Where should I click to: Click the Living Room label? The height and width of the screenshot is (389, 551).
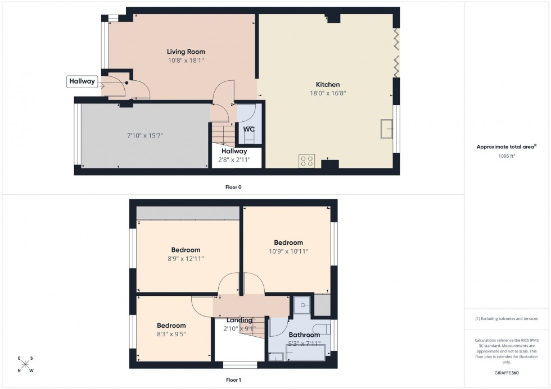pyautogui.click(x=185, y=52)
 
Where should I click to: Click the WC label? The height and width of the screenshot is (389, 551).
pyautogui.click(x=249, y=129)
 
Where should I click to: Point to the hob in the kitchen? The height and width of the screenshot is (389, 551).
pyautogui.click(x=307, y=161)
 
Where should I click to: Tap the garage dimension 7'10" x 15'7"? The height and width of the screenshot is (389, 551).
pyautogui.click(x=146, y=135)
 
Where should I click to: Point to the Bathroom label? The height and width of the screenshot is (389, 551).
pyautogui.click(x=304, y=335)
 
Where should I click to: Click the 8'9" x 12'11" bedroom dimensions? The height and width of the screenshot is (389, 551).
pyautogui.click(x=186, y=259)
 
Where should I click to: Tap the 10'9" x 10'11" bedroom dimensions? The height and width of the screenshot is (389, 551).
pyautogui.click(x=288, y=251)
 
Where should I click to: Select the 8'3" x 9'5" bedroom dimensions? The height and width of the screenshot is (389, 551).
pyautogui.click(x=171, y=334)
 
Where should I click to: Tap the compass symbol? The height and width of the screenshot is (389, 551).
pyautogui.click(x=25, y=365)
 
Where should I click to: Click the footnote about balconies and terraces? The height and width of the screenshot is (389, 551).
pyautogui.click(x=507, y=318)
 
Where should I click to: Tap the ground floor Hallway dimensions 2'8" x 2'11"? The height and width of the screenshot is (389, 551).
pyautogui.click(x=234, y=159)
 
